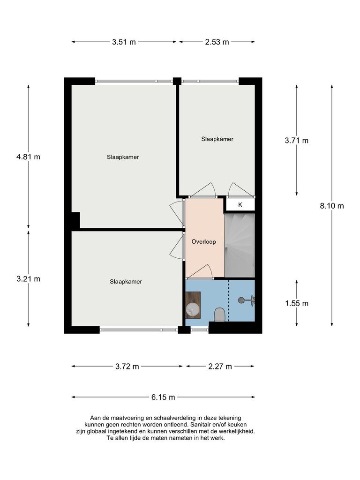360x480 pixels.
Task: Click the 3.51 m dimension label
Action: point(124,42)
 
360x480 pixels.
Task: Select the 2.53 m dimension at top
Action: point(217,42)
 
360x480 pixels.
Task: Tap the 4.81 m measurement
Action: point(28,157)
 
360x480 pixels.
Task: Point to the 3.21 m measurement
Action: point(28,279)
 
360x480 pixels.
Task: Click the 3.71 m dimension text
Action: point(297,140)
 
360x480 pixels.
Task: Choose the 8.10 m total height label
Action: point(332,206)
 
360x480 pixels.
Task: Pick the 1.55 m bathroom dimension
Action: point(297,303)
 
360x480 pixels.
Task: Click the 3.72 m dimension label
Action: point(127,367)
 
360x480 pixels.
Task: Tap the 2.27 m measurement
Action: point(220,367)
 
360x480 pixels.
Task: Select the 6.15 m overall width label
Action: point(163,397)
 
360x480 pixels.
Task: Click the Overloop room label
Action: point(203,242)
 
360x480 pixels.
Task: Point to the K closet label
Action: point(240,205)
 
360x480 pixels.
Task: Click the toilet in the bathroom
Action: point(219,315)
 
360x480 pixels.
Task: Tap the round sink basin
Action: point(193,309)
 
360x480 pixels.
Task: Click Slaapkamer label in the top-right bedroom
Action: point(217,139)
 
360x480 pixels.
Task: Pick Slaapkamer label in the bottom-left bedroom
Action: point(126,282)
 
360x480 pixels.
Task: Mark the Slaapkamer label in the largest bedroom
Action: point(122,157)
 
